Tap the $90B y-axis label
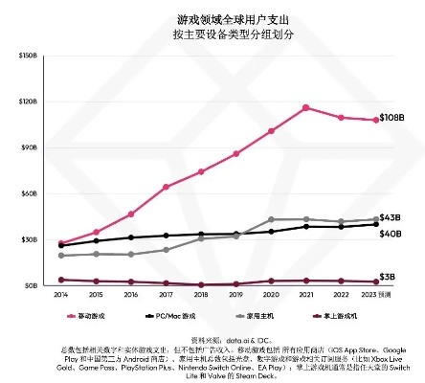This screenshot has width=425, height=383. pyautogui.click(x=28, y=147)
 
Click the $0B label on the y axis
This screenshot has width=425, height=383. pyautogui.click(x=30, y=285)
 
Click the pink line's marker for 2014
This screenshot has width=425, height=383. pyautogui.click(x=62, y=243)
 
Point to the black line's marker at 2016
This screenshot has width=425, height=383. pyautogui.click(x=131, y=237)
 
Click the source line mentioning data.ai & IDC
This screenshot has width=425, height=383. pyautogui.click(x=212, y=339)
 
